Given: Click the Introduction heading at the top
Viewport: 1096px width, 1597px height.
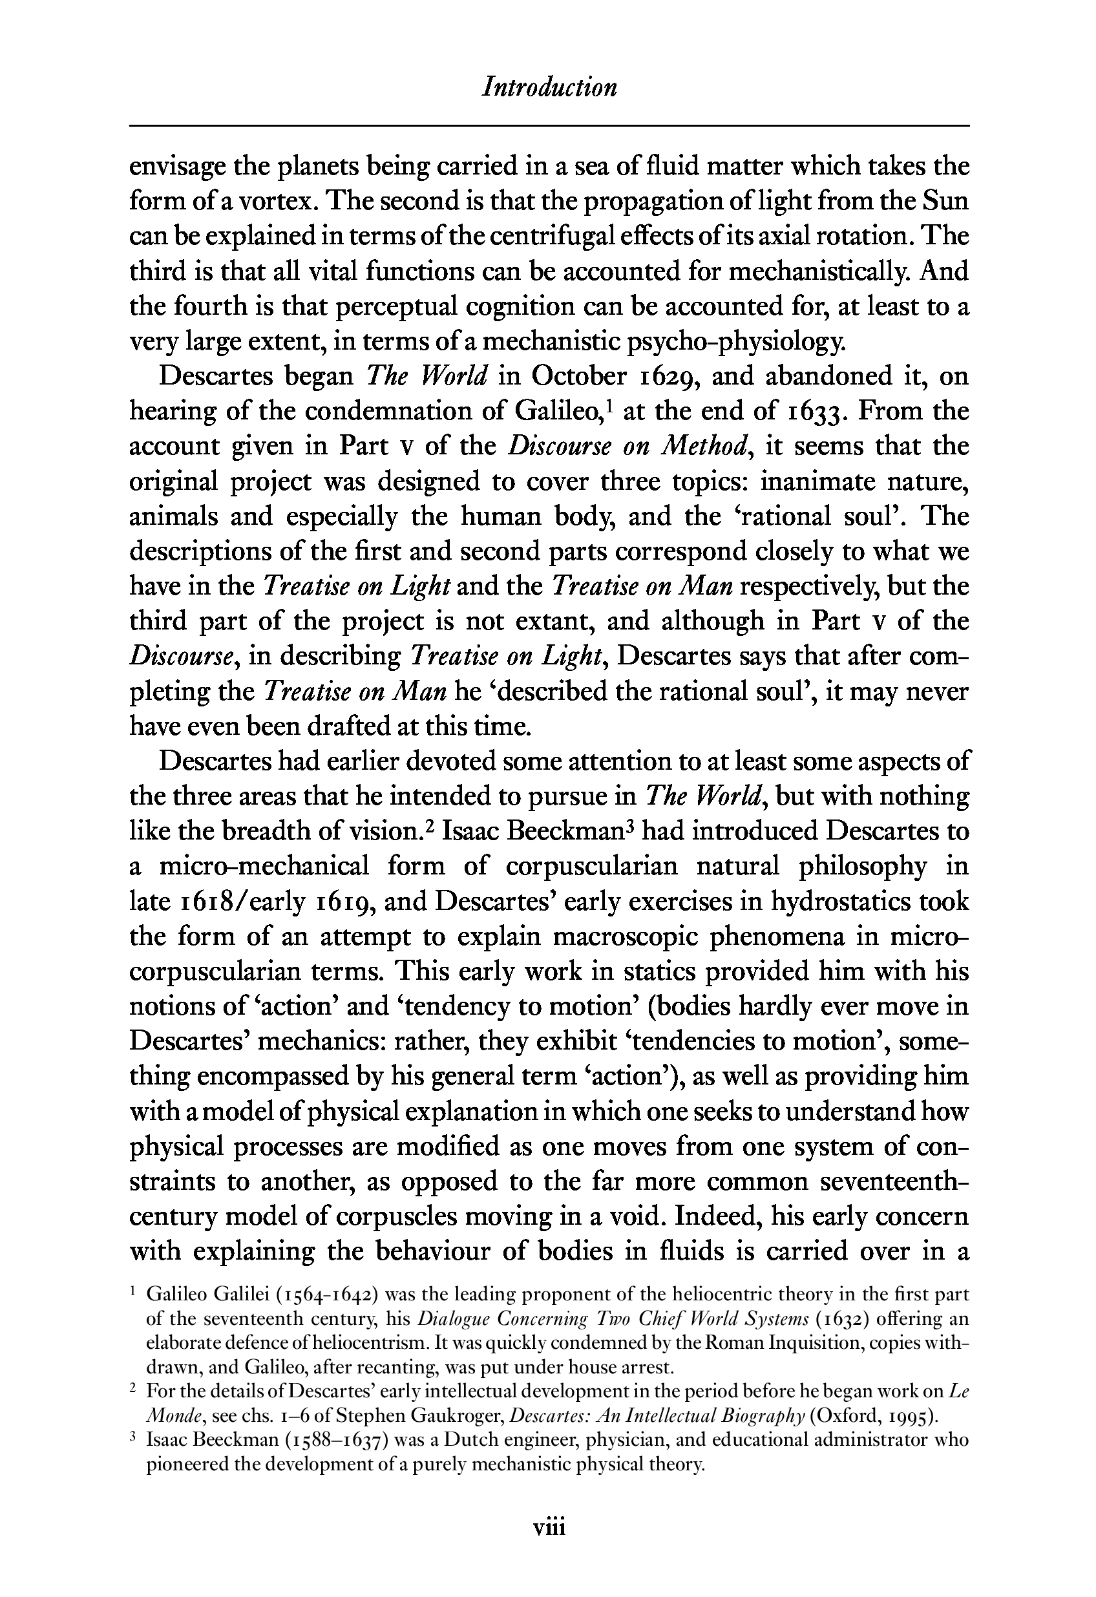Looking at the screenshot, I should pos(549,87).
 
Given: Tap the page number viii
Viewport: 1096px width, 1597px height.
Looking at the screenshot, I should pos(549,1528).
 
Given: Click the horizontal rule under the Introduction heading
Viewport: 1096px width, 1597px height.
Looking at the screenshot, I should pos(549,126).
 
